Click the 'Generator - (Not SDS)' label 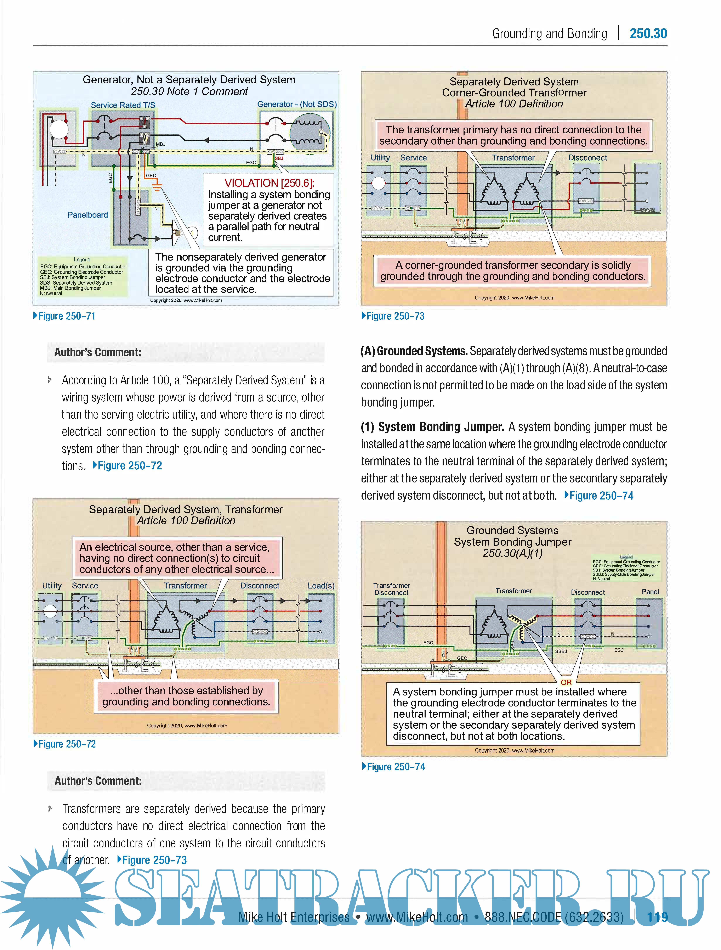point(297,104)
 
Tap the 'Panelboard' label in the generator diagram point(88,215)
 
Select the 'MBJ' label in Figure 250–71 point(161,144)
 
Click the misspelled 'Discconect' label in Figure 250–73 point(587,158)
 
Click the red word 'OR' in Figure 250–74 point(566,682)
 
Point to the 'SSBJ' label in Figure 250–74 point(561,651)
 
